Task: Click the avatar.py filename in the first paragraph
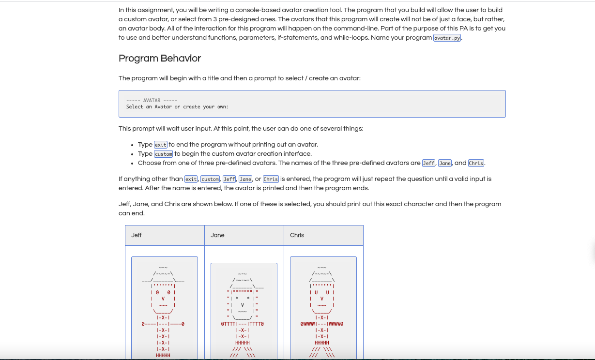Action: tap(447, 38)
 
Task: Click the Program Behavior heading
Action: tap(160, 59)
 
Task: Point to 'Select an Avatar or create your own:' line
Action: tap(177, 107)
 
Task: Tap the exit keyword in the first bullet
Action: tap(160, 145)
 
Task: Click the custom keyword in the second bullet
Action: tap(163, 154)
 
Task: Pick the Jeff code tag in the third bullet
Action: tap(429, 163)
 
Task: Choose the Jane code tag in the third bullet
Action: tap(445, 163)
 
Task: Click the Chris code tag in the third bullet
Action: tap(476, 163)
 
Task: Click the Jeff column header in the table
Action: tap(137, 235)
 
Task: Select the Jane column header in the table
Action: tap(218, 235)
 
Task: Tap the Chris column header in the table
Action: tap(297, 235)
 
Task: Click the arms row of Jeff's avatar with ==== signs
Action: tap(163, 324)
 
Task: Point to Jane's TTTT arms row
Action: tap(242, 324)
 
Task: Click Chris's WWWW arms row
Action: tap(321, 324)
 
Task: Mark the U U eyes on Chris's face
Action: tap(322, 292)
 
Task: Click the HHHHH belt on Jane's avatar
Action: tap(242, 343)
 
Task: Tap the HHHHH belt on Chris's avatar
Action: tap(321, 343)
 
